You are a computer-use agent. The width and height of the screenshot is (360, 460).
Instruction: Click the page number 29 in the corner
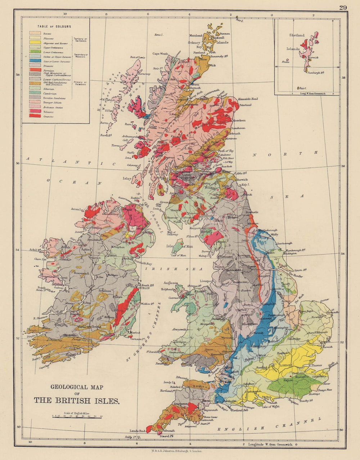343,7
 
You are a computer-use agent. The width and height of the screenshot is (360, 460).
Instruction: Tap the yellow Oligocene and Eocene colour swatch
35,43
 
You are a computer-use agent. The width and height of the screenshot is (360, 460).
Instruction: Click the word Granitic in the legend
48,117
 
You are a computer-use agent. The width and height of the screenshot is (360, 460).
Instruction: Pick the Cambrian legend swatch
35,93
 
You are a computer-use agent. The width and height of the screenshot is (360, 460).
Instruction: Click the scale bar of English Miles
77,415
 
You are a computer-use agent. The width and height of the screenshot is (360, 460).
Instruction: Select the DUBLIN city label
144,288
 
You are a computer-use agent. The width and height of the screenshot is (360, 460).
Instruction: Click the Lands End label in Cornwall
137,431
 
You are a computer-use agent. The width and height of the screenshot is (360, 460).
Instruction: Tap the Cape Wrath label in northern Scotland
160,54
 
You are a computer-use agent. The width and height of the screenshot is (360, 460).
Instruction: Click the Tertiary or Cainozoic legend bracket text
80,39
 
